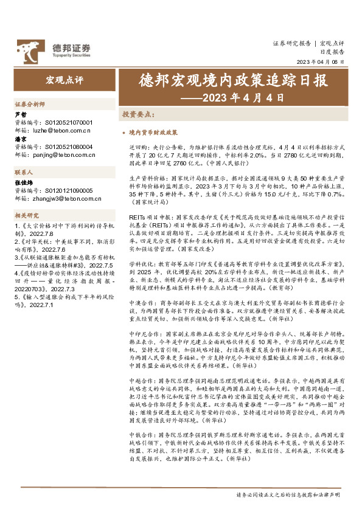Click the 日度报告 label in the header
(x=333, y=53)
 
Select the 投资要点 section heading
(x=137, y=114)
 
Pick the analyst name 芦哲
(x=20, y=114)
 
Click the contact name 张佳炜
(x=23, y=182)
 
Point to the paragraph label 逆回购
(x=138, y=147)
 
